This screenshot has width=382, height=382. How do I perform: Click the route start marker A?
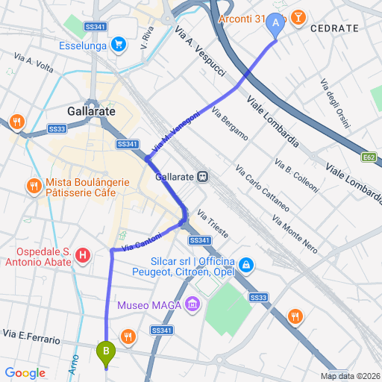click(x=276, y=24)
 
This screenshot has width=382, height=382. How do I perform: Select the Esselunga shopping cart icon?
click(x=118, y=44)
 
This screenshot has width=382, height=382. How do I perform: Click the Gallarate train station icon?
click(x=203, y=177)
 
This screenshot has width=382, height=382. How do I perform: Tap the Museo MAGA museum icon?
click(x=192, y=304)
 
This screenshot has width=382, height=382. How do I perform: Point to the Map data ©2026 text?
click(x=350, y=376)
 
